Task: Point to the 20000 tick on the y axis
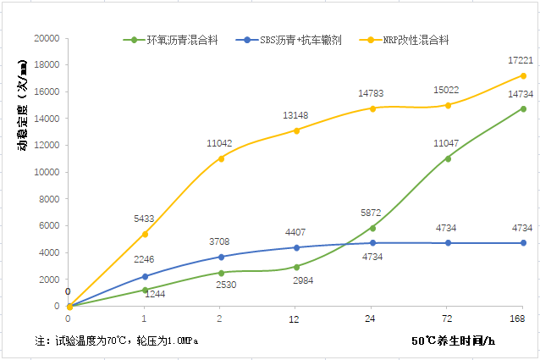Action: point(45,38)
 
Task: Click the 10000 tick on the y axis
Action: point(45,172)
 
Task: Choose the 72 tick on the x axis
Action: point(448,319)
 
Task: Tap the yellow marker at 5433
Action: point(144,234)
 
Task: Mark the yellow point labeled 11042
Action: point(221,158)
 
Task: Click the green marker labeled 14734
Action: point(523,109)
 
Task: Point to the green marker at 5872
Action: point(372,228)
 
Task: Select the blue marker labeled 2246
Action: point(144,276)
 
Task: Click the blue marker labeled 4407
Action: point(296,247)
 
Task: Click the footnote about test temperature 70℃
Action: point(124,341)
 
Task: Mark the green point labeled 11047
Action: point(448,158)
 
